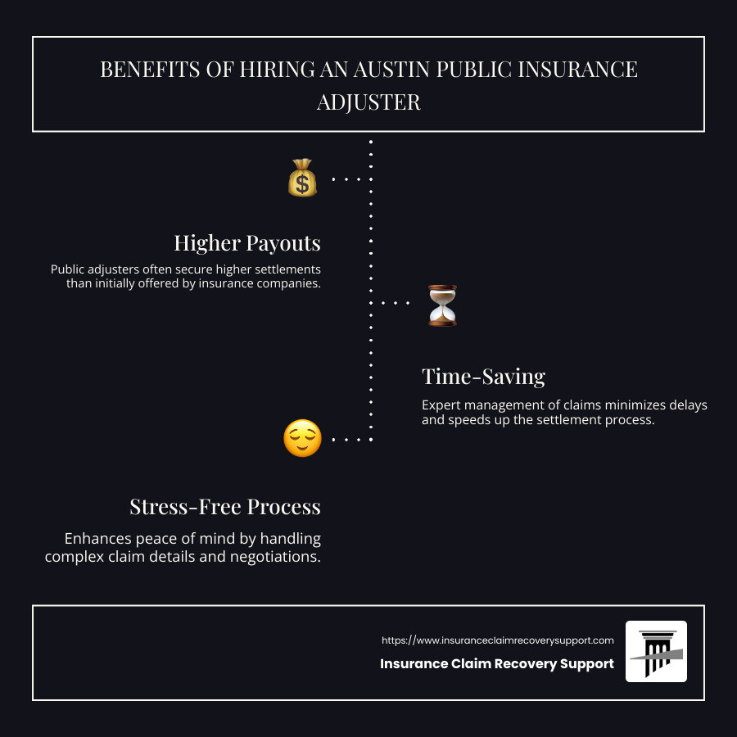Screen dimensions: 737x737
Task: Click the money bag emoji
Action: pyautogui.click(x=302, y=178)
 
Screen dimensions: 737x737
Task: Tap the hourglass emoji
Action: pyautogui.click(x=442, y=305)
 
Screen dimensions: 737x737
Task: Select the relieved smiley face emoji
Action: pyautogui.click(x=303, y=438)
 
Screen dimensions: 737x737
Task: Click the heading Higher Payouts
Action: pyautogui.click(x=247, y=243)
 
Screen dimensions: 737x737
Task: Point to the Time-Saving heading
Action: pyautogui.click(x=484, y=377)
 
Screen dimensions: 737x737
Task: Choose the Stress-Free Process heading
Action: pyautogui.click(x=225, y=507)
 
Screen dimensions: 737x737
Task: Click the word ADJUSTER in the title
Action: pyautogui.click(x=368, y=102)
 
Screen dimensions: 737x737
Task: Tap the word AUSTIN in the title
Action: pyautogui.click(x=391, y=70)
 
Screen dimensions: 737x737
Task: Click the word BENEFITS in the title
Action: pyautogui.click(x=150, y=70)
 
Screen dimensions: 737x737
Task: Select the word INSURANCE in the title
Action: pyautogui.click(x=577, y=70)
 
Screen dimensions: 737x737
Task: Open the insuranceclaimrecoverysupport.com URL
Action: pyautogui.click(x=497, y=640)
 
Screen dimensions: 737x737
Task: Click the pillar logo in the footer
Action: pyautogui.click(x=656, y=652)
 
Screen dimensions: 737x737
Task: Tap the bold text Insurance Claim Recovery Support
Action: pyautogui.click(x=497, y=663)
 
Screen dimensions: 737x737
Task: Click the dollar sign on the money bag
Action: pyautogui.click(x=302, y=183)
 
